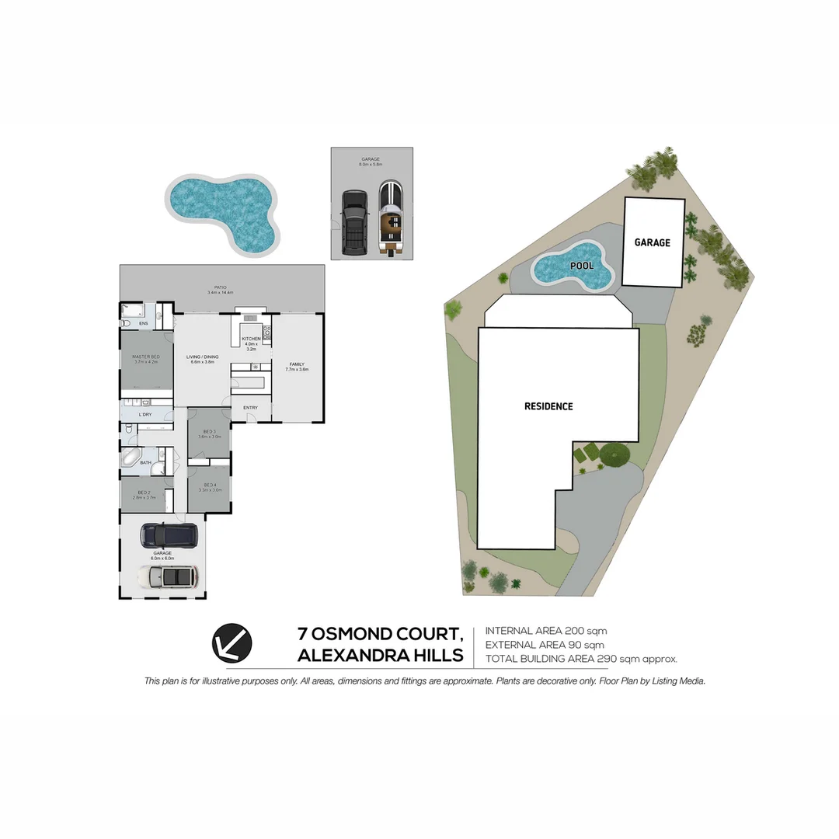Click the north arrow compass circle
(x=232, y=644)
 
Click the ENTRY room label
(x=250, y=408)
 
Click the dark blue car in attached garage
(x=169, y=534)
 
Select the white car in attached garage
(x=168, y=576)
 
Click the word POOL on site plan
(x=582, y=266)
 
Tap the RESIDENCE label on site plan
(x=548, y=406)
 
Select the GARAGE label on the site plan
(x=652, y=242)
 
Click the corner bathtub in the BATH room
(x=131, y=458)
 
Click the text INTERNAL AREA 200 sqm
(x=546, y=631)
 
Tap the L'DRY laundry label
(x=145, y=416)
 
